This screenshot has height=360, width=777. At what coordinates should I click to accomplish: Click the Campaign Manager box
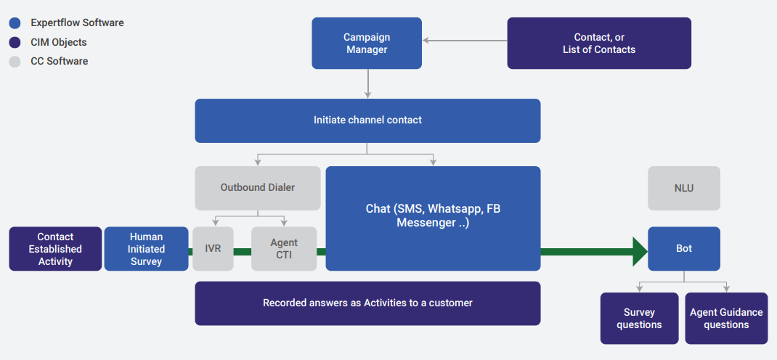367,43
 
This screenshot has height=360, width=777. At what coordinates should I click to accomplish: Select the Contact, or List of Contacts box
599,43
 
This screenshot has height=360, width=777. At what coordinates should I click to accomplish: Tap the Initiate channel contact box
367,120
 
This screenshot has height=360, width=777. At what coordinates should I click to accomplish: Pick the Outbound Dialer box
258,188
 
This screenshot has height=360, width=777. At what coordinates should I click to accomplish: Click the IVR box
213,248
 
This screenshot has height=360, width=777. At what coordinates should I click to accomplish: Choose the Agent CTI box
284,248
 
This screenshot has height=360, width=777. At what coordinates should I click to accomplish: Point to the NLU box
684,188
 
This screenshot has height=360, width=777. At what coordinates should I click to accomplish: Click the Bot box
684,248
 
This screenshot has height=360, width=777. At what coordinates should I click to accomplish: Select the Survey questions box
639,319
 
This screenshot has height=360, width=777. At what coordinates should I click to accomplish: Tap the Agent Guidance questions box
726,319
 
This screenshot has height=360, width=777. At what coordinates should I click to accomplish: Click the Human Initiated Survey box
146,248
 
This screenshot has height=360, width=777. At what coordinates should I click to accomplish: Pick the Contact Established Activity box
55,248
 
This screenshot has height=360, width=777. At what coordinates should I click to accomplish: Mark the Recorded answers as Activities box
367,303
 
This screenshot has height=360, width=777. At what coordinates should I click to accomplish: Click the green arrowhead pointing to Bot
640,252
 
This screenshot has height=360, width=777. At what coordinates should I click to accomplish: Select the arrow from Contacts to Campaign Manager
465,41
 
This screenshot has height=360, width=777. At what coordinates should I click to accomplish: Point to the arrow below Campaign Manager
367,83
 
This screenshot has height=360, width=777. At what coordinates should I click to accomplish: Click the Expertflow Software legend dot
15,22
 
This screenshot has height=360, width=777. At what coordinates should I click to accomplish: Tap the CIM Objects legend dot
15,42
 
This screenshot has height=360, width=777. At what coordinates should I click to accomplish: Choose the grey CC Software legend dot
15,62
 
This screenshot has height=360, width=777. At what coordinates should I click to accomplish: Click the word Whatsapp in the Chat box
458,208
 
